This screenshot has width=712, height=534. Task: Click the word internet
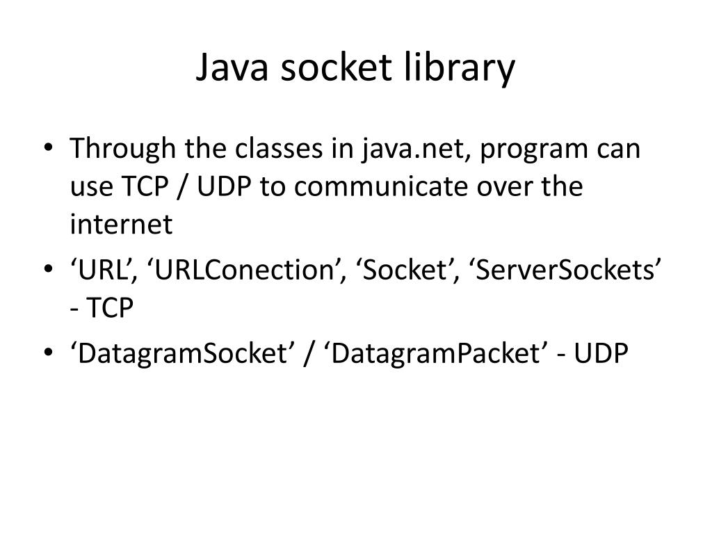coord(120,225)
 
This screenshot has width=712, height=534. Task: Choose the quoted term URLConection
coord(250,270)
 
